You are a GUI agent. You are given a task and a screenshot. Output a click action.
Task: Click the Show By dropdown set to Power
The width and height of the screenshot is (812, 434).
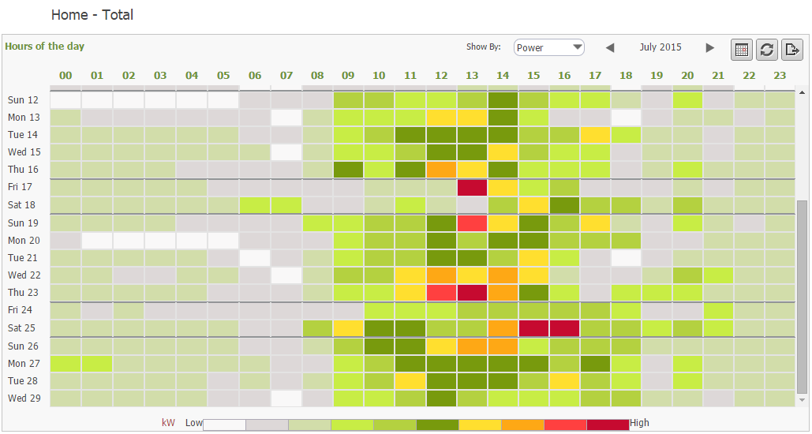(x=548, y=47)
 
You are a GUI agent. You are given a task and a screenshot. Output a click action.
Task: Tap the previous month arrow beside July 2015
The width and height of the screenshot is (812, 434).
(x=609, y=48)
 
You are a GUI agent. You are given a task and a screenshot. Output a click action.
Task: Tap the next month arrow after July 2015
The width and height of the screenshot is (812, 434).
(x=710, y=48)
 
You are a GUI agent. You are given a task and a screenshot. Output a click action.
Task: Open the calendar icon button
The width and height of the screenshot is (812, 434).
(x=742, y=50)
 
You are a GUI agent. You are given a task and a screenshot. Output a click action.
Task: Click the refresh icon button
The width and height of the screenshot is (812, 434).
(x=766, y=50)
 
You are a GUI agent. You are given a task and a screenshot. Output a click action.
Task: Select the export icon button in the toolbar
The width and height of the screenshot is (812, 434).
(x=791, y=50)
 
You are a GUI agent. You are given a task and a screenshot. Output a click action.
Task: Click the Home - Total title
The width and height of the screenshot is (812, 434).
(x=92, y=15)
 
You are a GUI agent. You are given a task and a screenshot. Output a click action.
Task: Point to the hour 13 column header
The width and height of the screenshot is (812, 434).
(x=472, y=76)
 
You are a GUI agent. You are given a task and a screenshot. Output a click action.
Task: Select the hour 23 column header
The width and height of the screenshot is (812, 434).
(x=780, y=76)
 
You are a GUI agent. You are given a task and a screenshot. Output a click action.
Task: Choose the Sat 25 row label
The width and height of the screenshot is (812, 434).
(x=23, y=327)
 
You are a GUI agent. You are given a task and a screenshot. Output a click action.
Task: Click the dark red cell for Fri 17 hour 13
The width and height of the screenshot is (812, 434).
(x=472, y=187)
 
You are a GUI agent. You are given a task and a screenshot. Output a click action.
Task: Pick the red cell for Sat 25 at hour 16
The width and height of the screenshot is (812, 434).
(x=565, y=327)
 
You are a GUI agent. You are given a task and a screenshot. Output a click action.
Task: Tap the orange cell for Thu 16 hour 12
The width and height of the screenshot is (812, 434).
(x=441, y=170)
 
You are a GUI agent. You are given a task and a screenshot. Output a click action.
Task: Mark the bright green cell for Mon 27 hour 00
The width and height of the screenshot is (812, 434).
(x=65, y=364)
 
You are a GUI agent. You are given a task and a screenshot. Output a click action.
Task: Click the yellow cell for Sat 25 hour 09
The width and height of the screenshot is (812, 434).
(x=348, y=327)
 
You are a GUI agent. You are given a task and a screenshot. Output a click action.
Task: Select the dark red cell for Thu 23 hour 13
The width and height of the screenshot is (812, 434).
(x=472, y=293)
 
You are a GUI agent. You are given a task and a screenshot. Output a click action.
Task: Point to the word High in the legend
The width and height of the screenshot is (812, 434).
(x=640, y=423)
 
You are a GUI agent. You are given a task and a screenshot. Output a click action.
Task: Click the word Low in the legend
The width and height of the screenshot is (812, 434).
(x=194, y=423)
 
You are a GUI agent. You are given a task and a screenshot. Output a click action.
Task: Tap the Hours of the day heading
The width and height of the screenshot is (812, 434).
(x=45, y=47)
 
